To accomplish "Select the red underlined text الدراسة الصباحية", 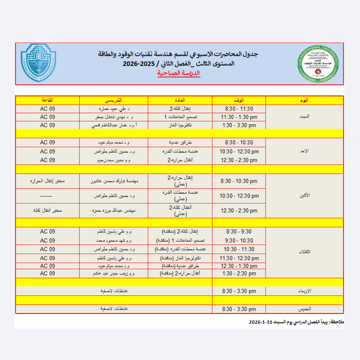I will (x=179, y=73).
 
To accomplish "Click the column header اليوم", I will (x=304, y=100).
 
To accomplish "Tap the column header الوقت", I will (x=239, y=100).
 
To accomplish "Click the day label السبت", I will (x=304, y=117).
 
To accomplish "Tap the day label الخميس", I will (x=304, y=309).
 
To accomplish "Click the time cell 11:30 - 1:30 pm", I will (x=239, y=117).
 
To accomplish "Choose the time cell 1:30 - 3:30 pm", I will (x=239, y=125).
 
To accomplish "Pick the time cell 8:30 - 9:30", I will (x=239, y=231).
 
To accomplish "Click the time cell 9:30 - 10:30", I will (x=239, y=240).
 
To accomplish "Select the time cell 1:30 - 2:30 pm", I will (x=239, y=273).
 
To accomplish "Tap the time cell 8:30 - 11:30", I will (x=239, y=109).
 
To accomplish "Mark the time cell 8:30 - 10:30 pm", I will (x=239, y=181).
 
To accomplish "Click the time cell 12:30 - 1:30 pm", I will (x=239, y=266).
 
